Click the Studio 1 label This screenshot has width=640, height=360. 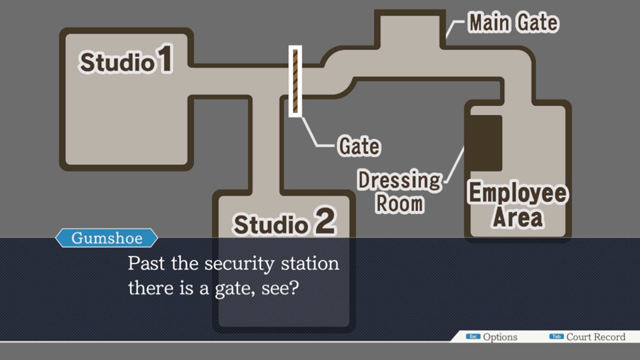126,60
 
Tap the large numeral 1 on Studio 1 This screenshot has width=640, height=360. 165,59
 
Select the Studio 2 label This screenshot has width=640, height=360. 284,221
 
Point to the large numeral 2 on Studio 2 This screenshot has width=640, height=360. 326,221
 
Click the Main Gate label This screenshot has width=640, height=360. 513,22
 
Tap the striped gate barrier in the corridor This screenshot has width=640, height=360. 295,81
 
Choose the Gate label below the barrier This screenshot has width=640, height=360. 359,146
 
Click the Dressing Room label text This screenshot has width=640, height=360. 400,191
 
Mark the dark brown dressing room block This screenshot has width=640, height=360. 486,143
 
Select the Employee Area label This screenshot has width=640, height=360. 518,205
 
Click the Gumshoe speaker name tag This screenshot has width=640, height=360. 107,238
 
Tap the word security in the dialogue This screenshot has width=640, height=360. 240,264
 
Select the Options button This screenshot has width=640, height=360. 492,337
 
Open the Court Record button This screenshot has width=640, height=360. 587,337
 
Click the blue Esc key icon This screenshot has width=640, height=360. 473,337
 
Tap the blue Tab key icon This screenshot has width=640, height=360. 556,337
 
